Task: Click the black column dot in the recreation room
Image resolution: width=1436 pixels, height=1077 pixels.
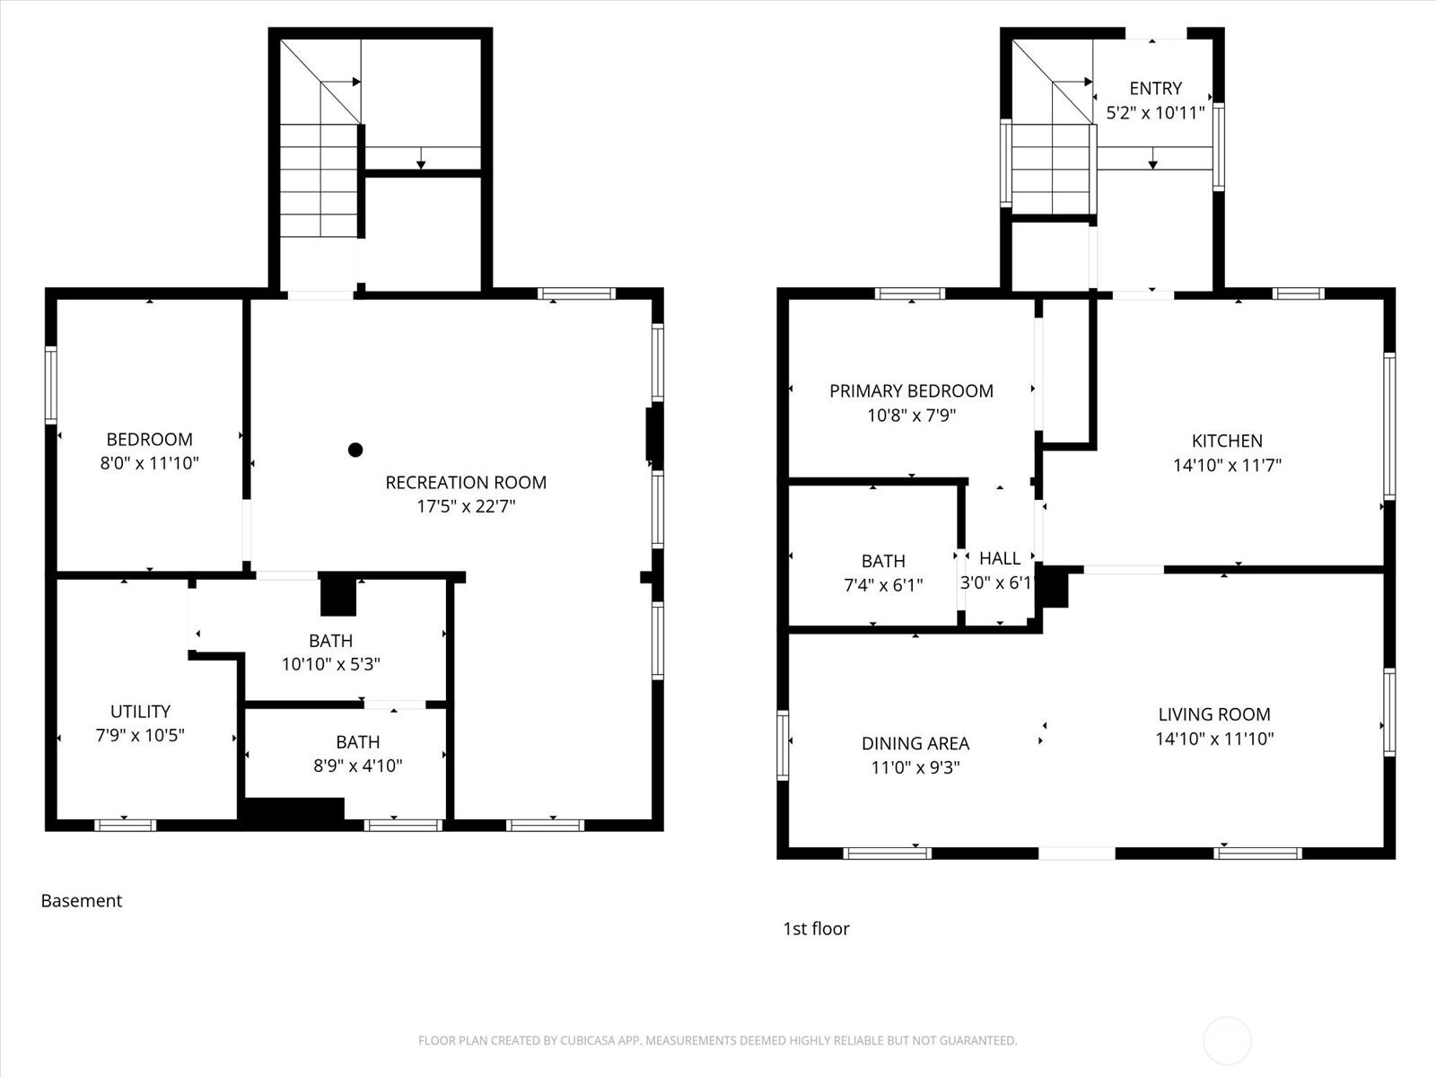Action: coord(355,450)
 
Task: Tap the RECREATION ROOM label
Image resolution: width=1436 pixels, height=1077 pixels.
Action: coord(466,483)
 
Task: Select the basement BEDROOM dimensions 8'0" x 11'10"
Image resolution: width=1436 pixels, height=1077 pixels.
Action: coord(149,464)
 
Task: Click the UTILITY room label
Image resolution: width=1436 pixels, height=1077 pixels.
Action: coord(140,712)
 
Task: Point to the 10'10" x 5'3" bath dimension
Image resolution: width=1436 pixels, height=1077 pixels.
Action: coord(331,664)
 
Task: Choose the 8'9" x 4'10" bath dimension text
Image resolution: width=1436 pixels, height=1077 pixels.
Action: coord(358,766)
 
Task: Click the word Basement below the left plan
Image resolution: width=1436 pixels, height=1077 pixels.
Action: coord(81,901)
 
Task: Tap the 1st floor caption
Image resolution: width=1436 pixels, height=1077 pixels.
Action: coord(816,929)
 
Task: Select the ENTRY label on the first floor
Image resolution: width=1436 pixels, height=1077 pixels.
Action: coord(1155,88)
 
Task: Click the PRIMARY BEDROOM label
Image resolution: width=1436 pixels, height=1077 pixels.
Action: coord(911,391)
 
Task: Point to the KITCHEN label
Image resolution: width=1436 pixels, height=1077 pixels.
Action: coord(1227,441)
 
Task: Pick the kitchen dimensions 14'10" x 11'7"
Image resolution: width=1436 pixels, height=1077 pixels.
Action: coord(1227,466)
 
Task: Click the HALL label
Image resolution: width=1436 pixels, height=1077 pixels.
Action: coord(1000,558)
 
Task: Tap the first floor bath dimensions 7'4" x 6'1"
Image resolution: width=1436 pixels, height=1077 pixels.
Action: coord(883,585)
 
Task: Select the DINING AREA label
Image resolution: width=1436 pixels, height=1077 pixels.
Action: coord(915,743)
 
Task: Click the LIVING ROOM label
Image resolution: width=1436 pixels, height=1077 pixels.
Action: coord(1214,714)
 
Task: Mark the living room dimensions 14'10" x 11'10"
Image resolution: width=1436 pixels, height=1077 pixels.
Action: coord(1214,739)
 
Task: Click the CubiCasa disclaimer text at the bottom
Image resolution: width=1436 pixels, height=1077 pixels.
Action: coord(718,1040)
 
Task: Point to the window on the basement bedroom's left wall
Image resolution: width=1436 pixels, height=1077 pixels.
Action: coord(50,386)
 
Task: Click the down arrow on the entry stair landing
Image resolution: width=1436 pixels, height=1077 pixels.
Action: coord(1152,158)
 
